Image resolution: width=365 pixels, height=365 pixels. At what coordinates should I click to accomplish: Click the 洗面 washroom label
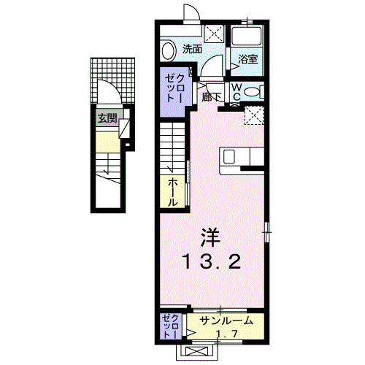click(x=193, y=50)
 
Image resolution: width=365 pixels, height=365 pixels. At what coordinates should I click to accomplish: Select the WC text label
click(x=237, y=91)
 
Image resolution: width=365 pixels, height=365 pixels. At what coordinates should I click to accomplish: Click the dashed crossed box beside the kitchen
click(x=255, y=115)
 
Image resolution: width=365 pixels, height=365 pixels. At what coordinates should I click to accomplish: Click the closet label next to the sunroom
click(x=171, y=326)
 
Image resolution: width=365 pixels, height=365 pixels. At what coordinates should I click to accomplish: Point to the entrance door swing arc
click(x=107, y=93)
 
